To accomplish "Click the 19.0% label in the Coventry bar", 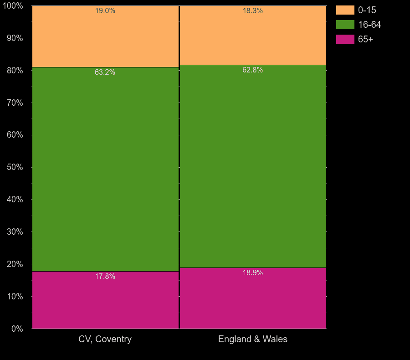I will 105,11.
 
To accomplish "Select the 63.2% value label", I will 105,72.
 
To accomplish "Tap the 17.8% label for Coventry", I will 105,277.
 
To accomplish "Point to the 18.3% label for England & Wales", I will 253,11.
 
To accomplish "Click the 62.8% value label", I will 253,70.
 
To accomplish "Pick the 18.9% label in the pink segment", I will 253,273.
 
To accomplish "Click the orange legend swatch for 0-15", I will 345,10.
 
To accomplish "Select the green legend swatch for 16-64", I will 345,25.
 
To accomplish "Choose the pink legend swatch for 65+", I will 345,39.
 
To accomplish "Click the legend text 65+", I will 365,39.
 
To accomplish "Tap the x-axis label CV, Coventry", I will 105,339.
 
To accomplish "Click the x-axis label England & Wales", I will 253,339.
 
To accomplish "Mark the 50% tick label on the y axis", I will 15,167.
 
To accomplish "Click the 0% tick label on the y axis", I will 17,329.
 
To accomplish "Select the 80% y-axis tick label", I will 15,71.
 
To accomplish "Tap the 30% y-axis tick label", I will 15,232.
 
